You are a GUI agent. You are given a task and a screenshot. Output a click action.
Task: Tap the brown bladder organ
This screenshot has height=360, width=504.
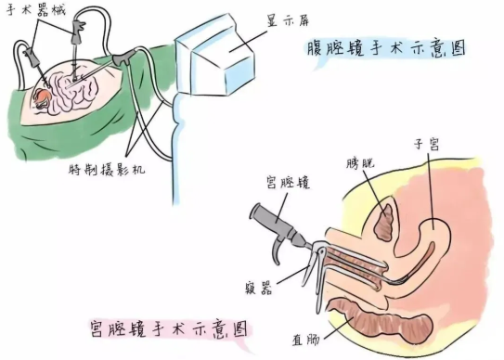(384, 224)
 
